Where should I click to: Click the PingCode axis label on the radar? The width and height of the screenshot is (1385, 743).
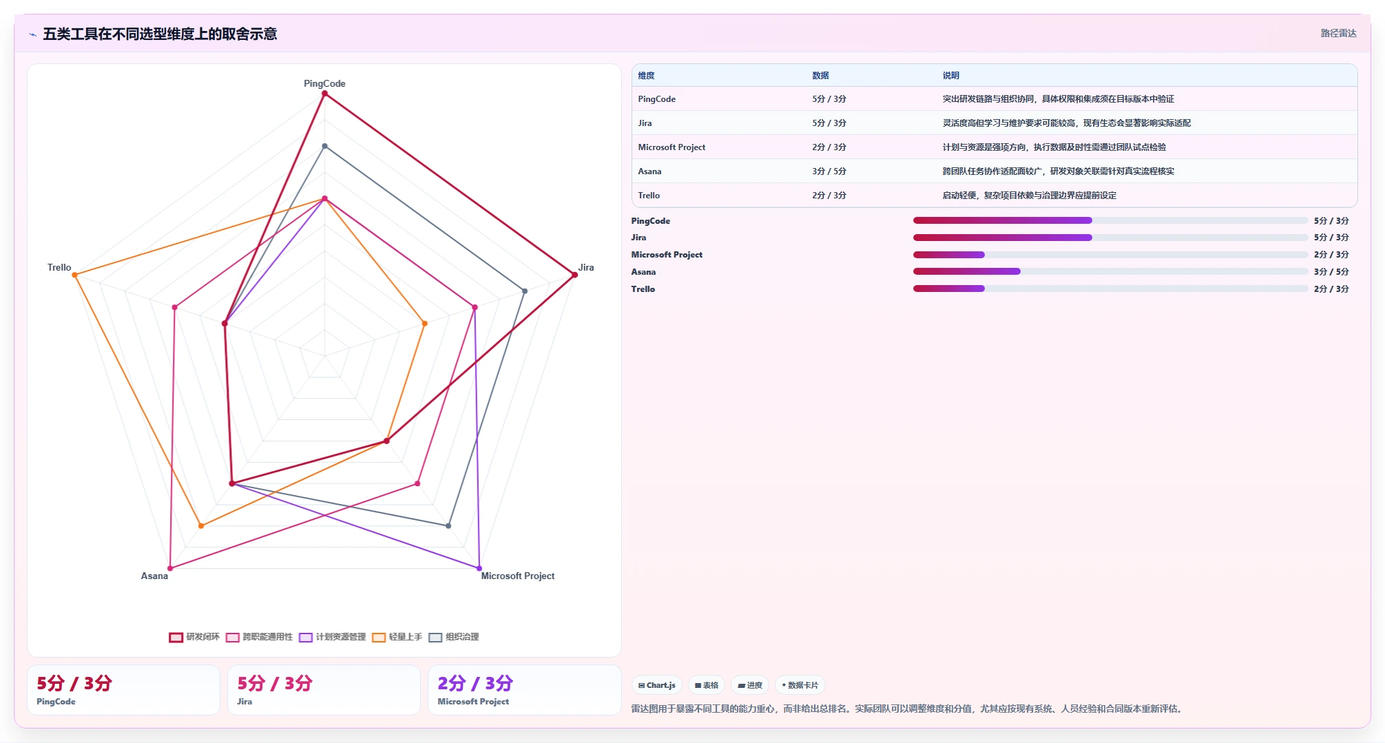pyautogui.click(x=324, y=83)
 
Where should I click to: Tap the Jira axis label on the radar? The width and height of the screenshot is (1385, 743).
pyautogui.click(x=586, y=267)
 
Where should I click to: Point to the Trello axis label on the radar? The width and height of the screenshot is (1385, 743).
pyautogui.click(x=59, y=267)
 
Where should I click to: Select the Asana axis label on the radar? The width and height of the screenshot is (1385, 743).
pyautogui.click(x=154, y=576)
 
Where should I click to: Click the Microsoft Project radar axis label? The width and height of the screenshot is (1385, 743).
pyautogui.click(x=518, y=576)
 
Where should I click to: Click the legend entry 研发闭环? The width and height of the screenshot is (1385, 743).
pyautogui.click(x=194, y=637)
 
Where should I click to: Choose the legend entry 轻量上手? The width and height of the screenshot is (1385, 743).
pyautogui.click(x=397, y=637)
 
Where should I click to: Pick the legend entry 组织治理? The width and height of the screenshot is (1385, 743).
pyautogui.click(x=454, y=637)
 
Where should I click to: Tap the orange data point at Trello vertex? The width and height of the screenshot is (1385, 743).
pyautogui.click(x=75, y=275)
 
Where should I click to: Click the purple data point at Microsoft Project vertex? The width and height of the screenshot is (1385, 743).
pyautogui.click(x=479, y=568)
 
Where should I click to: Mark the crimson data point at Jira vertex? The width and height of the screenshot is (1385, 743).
pyautogui.click(x=574, y=275)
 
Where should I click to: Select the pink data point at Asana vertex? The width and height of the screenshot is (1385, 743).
pyautogui.click(x=170, y=568)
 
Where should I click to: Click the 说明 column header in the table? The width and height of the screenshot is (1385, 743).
pyautogui.click(x=951, y=76)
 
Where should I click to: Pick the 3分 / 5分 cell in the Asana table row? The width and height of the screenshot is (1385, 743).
pyautogui.click(x=829, y=171)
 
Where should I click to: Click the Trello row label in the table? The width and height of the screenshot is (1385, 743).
pyautogui.click(x=649, y=196)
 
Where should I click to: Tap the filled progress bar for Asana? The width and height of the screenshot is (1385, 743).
pyautogui.click(x=967, y=271)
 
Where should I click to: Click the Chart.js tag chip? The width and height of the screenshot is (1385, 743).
pyautogui.click(x=657, y=685)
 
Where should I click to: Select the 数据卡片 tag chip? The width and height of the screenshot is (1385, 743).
pyautogui.click(x=800, y=685)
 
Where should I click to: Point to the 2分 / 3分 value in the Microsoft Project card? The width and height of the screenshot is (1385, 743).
pyautogui.click(x=475, y=683)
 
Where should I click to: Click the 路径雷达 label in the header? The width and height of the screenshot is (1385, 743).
pyautogui.click(x=1338, y=33)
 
